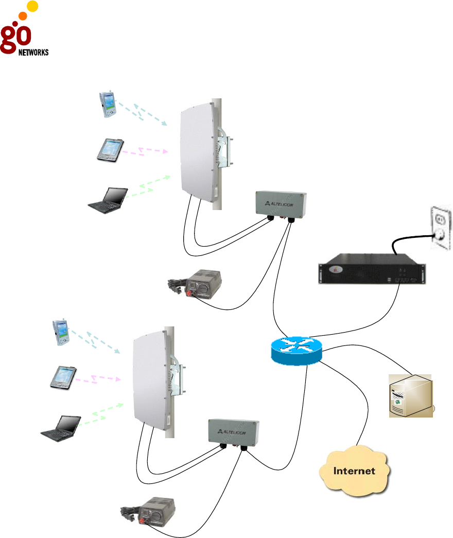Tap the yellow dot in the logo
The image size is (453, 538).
[32, 7]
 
